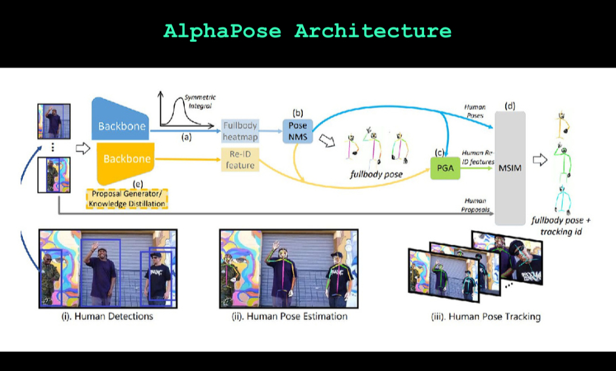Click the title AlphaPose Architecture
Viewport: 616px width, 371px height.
(x=307, y=31)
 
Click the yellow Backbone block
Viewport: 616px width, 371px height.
(x=125, y=159)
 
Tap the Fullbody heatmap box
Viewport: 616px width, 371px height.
(x=240, y=130)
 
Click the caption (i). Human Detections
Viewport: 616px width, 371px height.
(x=107, y=317)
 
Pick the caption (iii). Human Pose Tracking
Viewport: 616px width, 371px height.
(x=486, y=317)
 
